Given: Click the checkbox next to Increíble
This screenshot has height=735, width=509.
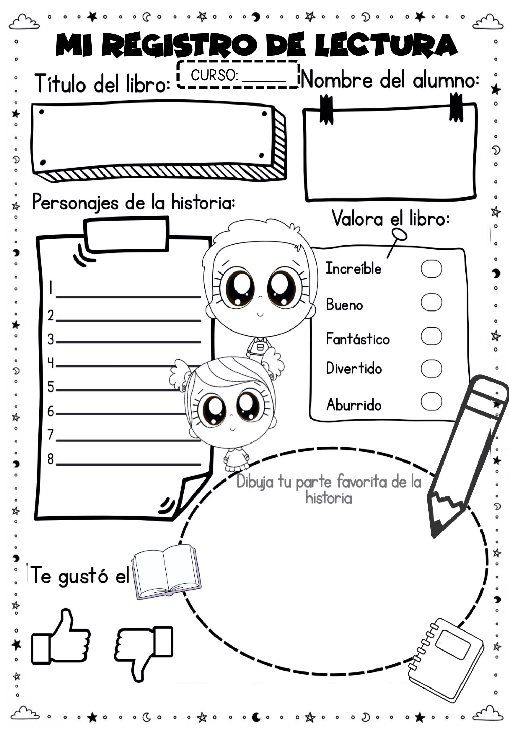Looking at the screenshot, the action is pyautogui.click(x=432, y=269).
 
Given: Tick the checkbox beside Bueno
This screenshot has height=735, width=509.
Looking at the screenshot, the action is pyautogui.click(x=432, y=302).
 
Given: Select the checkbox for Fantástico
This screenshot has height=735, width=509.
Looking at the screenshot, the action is pyautogui.click(x=432, y=336).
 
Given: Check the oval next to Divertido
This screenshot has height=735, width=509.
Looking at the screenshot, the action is pyautogui.click(x=432, y=369).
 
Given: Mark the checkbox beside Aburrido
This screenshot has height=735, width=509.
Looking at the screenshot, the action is pyautogui.click(x=432, y=401).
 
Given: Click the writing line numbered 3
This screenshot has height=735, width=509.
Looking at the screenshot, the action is pyautogui.click(x=129, y=342).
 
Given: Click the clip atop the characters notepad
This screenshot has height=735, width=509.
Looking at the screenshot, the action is pyautogui.click(x=126, y=234).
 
